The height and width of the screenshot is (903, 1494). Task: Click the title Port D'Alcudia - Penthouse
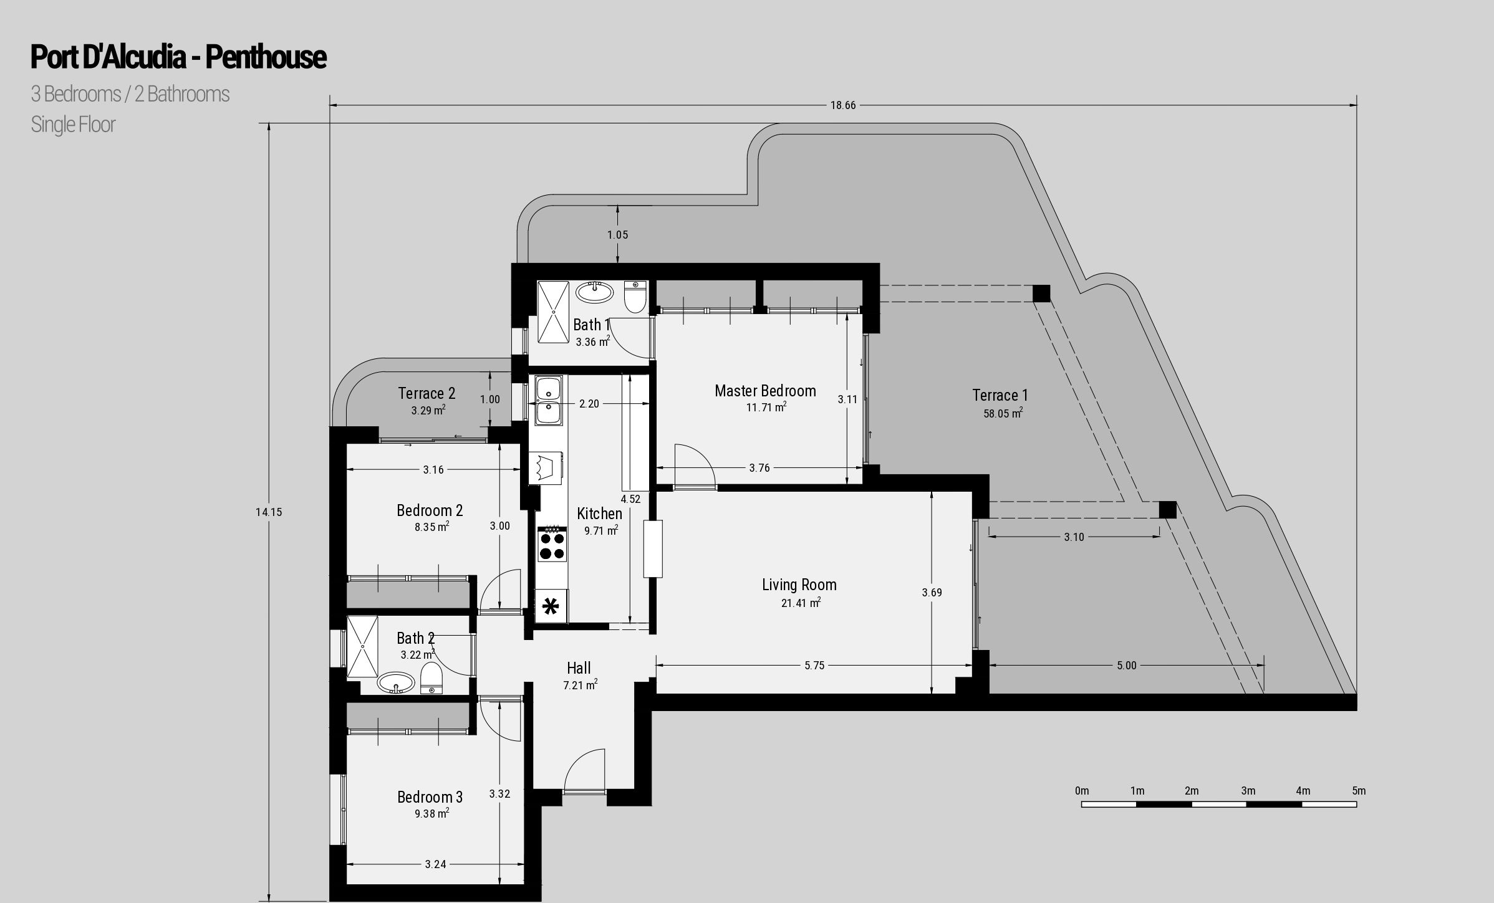(x=178, y=57)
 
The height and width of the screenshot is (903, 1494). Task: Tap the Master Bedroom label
(x=765, y=391)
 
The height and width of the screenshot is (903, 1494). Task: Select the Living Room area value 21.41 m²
(x=801, y=603)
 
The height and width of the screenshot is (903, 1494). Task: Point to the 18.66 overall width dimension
(x=843, y=105)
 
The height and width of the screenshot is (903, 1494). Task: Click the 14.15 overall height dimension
(x=269, y=512)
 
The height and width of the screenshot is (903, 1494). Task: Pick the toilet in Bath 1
(x=635, y=297)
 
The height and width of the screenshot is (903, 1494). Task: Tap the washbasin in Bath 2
(x=395, y=682)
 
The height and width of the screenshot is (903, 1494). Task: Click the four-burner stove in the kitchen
(x=552, y=544)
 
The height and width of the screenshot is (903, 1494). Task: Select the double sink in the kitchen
(x=548, y=400)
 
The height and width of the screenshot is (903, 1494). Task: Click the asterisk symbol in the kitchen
(x=551, y=606)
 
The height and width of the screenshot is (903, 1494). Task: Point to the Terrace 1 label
(x=1000, y=395)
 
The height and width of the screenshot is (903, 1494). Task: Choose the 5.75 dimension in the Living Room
(x=814, y=666)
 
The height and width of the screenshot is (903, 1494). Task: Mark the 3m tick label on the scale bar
(x=1248, y=791)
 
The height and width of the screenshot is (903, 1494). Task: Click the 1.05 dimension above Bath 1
(x=617, y=235)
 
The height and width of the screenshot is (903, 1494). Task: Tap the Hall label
(x=579, y=668)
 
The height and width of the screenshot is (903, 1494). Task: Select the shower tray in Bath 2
(x=363, y=646)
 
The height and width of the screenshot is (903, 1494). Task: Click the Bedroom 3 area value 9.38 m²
(x=431, y=813)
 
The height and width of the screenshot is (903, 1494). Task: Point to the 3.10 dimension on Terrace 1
(x=1074, y=537)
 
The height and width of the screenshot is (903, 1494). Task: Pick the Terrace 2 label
(x=427, y=393)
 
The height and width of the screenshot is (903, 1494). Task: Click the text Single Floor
(x=73, y=125)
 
